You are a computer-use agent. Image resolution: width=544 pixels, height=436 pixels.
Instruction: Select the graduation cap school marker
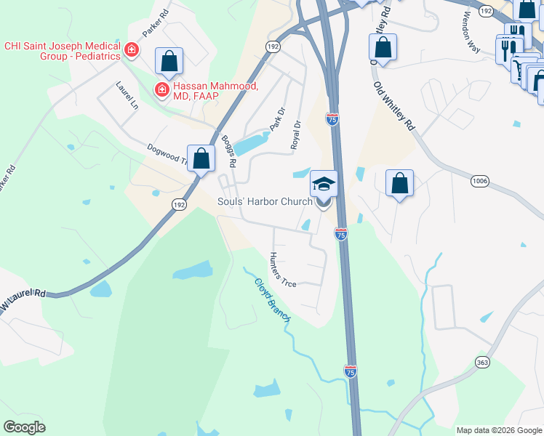[324, 185]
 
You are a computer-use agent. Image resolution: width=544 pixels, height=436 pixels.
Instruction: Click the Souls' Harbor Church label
[265, 201]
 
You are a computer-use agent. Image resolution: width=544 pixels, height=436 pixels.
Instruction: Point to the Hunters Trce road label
[281, 270]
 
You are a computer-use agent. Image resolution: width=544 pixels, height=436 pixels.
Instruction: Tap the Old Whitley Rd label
[393, 106]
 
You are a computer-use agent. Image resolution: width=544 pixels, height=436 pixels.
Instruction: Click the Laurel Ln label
[127, 95]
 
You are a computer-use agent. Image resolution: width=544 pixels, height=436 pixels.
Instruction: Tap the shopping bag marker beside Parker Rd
[169, 62]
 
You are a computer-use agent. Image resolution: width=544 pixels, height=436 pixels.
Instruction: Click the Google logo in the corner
[24, 427]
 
